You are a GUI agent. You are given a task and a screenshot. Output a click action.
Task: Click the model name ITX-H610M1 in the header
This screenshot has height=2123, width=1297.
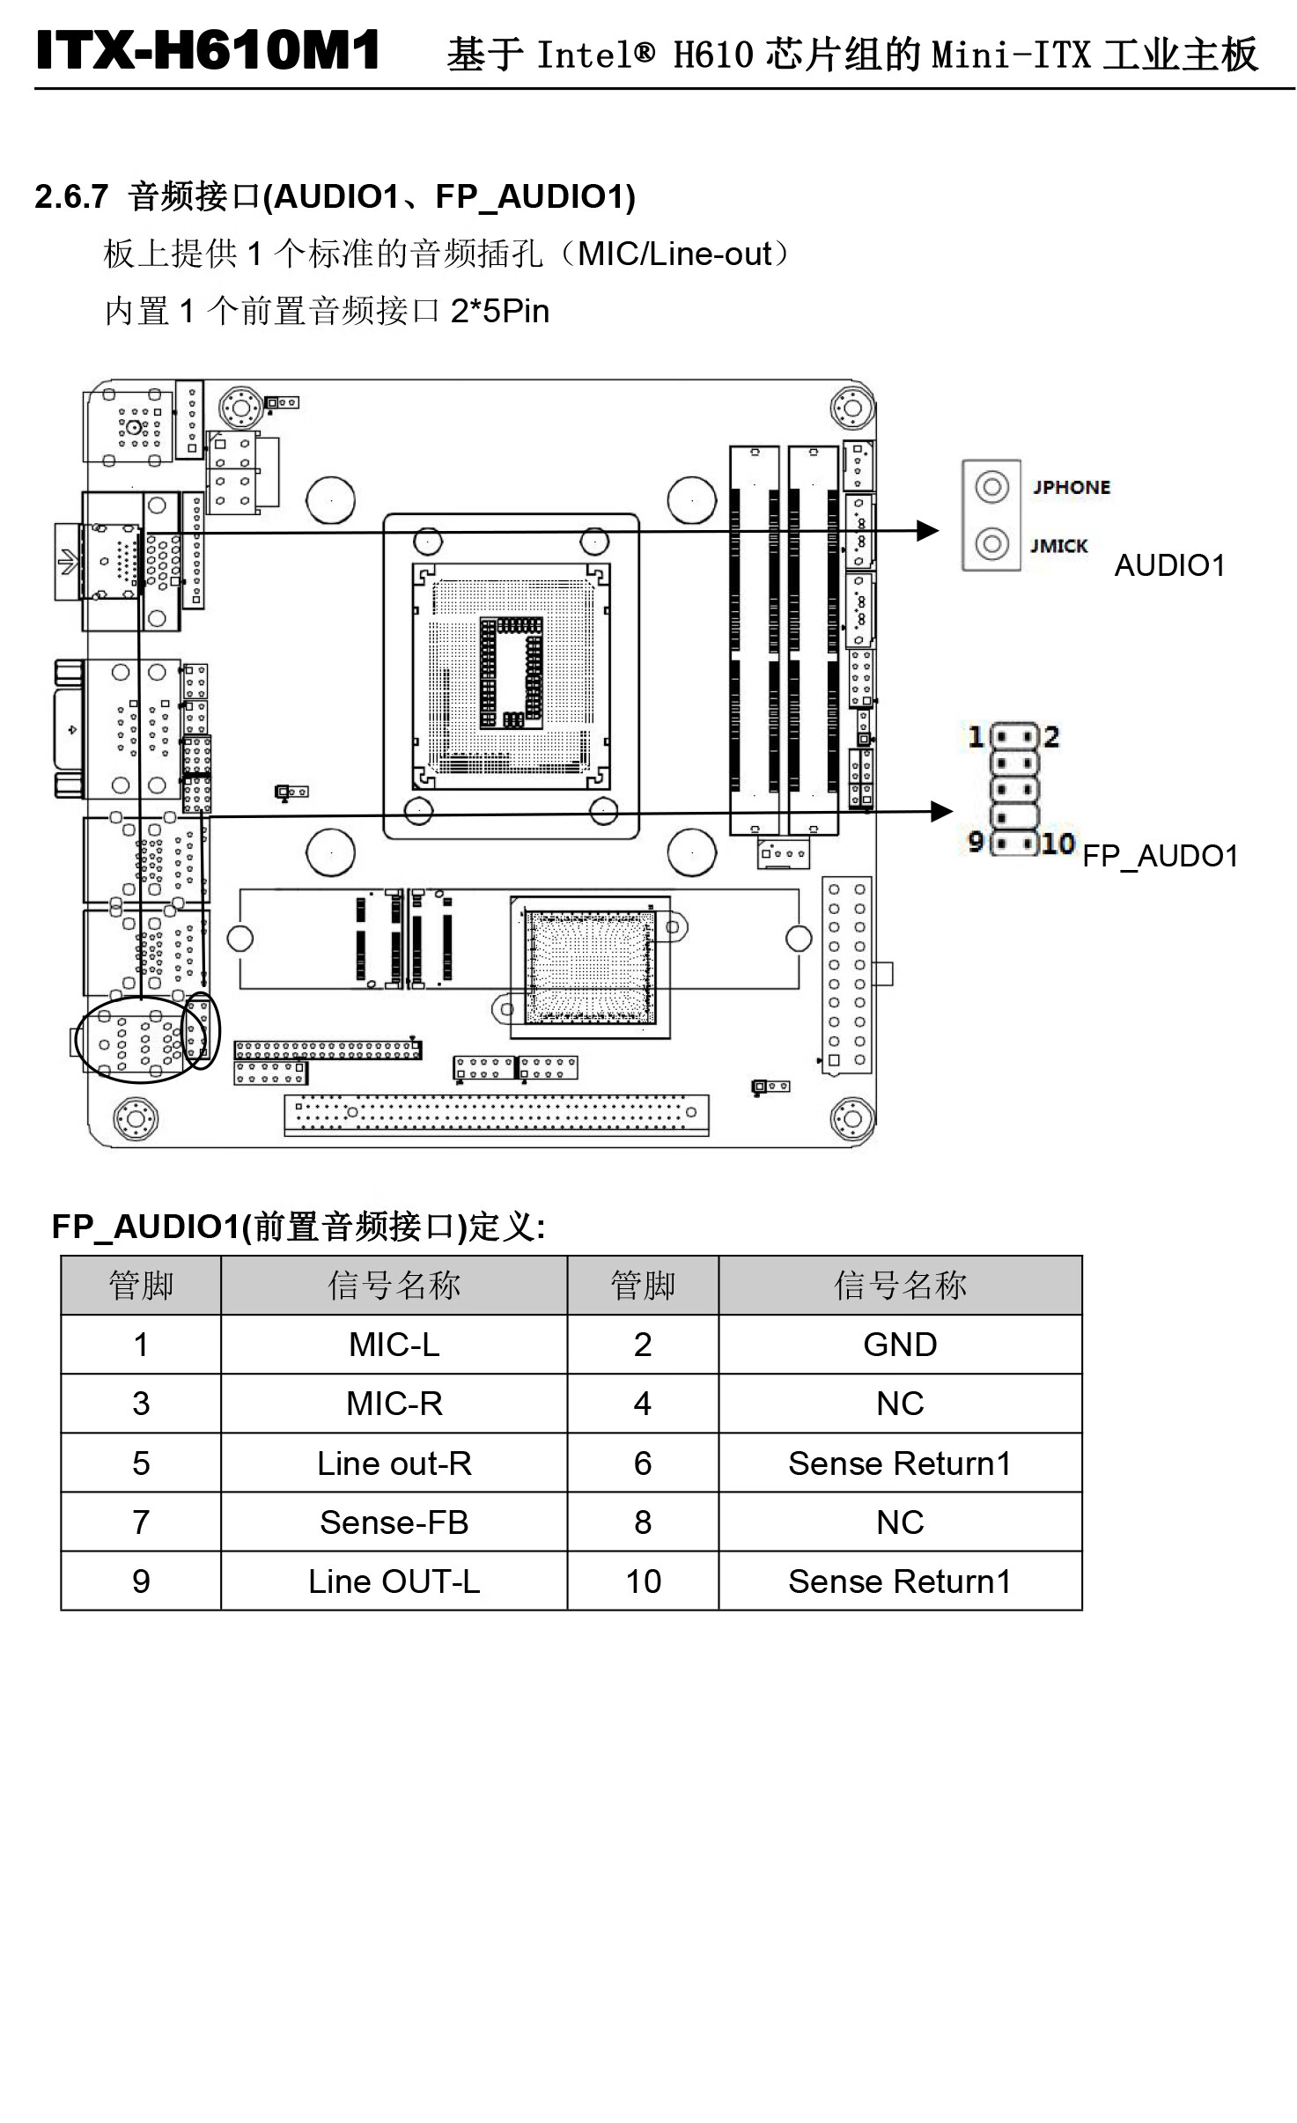(208, 50)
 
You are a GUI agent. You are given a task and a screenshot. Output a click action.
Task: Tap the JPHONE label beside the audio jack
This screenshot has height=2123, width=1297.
(1071, 487)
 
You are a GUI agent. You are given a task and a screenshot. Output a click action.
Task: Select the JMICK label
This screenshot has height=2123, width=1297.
(1059, 546)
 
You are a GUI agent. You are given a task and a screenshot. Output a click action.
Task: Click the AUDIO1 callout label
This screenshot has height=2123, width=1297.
(1169, 565)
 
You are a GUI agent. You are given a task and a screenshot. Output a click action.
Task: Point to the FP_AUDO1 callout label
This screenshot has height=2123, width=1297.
(1160, 856)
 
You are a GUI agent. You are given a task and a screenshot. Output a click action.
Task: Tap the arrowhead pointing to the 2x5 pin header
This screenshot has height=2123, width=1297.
(941, 811)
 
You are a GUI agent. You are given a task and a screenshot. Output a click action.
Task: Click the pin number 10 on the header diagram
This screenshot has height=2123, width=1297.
(1057, 844)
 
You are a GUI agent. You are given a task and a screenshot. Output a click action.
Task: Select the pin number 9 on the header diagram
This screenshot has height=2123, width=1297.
(976, 841)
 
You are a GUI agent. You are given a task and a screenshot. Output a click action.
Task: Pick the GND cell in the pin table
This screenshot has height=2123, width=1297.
(899, 1345)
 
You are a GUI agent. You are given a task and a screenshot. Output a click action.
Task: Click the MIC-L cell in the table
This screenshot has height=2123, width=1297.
(394, 1345)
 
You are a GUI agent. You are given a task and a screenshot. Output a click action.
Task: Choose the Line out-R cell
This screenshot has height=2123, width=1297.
(394, 1463)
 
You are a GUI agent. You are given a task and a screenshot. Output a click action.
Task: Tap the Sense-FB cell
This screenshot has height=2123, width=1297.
(394, 1522)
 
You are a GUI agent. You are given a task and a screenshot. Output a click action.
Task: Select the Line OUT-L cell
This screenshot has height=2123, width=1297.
(394, 1581)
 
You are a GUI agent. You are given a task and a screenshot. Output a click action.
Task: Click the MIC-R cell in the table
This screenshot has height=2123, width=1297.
(394, 1404)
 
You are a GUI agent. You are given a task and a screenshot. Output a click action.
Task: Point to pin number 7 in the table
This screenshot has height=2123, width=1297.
(141, 1522)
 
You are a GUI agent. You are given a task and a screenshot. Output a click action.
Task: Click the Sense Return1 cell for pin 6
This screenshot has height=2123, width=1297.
(899, 1463)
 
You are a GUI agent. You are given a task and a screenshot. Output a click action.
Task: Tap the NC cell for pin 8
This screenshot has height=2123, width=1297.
(899, 1522)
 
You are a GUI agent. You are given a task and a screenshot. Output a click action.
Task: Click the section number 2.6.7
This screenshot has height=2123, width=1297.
(71, 196)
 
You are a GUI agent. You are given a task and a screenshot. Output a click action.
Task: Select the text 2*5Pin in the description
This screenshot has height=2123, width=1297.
(499, 311)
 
